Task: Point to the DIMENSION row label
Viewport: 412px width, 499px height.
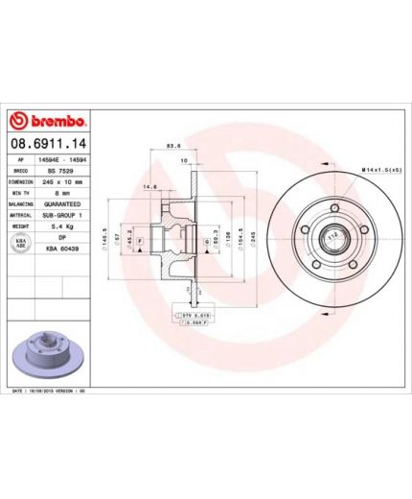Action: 22,180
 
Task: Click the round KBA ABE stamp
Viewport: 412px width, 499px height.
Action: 22,244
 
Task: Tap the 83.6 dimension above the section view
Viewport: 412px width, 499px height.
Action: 173,146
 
